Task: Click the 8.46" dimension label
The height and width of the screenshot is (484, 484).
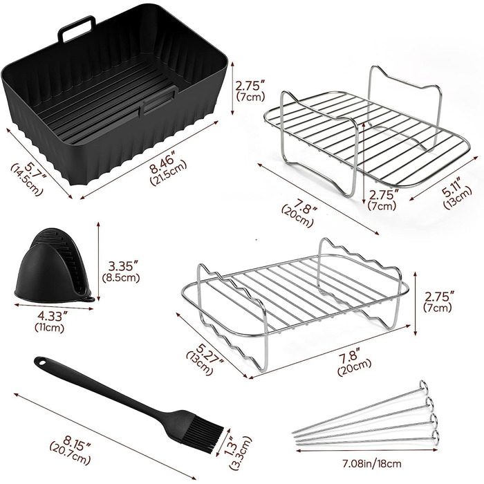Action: coord(165,162)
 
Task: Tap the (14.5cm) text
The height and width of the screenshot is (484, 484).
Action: coord(26,180)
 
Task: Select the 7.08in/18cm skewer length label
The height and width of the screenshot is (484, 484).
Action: coord(372,463)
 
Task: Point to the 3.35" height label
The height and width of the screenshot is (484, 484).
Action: coord(122,266)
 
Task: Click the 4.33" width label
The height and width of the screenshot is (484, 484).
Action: coord(52,316)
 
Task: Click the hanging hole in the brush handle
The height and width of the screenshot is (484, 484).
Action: coord(41,362)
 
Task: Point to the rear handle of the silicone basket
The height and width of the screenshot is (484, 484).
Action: coord(77,28)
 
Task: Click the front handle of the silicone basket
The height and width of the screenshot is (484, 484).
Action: coord(158,101)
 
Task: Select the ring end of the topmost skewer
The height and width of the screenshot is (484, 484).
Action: coord(424,386)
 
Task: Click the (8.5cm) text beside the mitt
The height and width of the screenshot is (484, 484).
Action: coord(121,278)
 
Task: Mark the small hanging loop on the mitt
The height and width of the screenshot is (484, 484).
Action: coord(89,299)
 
